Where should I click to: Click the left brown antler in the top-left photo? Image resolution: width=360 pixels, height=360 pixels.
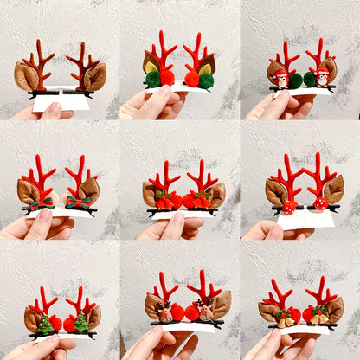coord(39,62)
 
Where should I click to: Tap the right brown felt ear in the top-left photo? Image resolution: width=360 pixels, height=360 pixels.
coord(94,76)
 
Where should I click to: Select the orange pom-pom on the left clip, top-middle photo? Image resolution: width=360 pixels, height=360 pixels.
coord(168,78)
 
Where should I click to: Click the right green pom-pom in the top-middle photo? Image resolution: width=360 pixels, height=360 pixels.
coord(207,80)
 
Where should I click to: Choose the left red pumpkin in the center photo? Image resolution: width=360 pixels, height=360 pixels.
coord(164,200)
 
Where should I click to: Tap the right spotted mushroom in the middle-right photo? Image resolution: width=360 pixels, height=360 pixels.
coord(320,203)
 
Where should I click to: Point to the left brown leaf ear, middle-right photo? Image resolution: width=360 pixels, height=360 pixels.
coord(276,191)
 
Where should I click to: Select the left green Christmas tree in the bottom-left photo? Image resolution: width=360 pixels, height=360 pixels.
coord(45,325)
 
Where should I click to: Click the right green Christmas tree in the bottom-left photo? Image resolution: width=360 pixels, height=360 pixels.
coord(80,322)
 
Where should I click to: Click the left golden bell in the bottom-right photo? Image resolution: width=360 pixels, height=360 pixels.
coord(285,319)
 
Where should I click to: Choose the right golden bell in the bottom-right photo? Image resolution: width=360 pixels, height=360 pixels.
coord(321,316)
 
